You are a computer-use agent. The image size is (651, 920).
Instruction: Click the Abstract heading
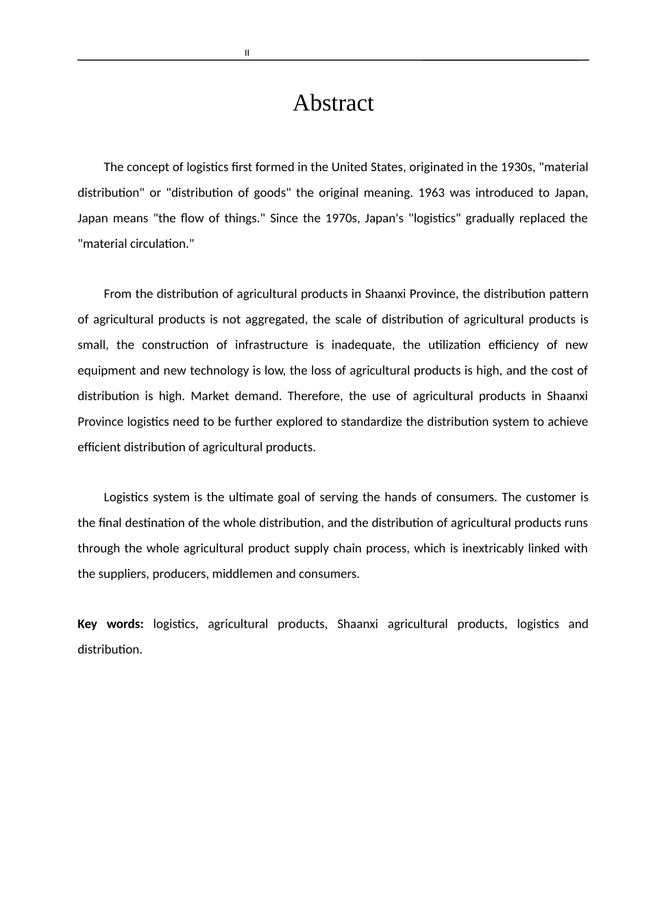click(333, 103)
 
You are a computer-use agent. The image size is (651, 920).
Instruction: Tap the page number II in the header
click(247, 53)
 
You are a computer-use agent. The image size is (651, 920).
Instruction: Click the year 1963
click(431, 193)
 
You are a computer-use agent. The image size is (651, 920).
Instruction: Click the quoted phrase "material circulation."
click(136, 244)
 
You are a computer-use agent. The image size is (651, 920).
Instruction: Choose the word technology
click(220, 371)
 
